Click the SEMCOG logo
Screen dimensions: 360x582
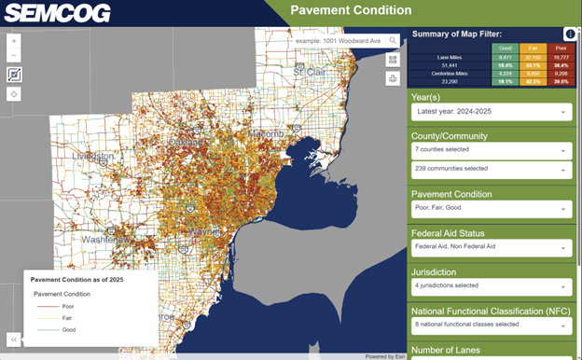coord(58,13)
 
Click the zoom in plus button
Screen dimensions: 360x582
coord(14,42)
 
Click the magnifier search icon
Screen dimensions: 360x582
coord(394,40)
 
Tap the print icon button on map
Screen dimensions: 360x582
coord(393,78)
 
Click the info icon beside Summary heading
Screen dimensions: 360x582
coord(570,35)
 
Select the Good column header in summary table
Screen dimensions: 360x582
coord(505,47)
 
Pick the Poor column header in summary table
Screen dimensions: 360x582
coord(561,47)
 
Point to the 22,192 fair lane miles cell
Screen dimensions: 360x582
coord(533,57)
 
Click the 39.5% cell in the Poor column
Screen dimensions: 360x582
coord(561,82)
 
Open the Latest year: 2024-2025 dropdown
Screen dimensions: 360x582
coord(491,112)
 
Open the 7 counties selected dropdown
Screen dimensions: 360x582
coord(491,149)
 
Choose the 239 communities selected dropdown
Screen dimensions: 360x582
coord(491,170)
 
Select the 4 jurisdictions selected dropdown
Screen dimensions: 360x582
coord(491,286)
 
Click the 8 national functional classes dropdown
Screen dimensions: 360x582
coord(491,325)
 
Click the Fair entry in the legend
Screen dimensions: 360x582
coord(68,318)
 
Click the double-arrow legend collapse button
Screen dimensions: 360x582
coord(14,339)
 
